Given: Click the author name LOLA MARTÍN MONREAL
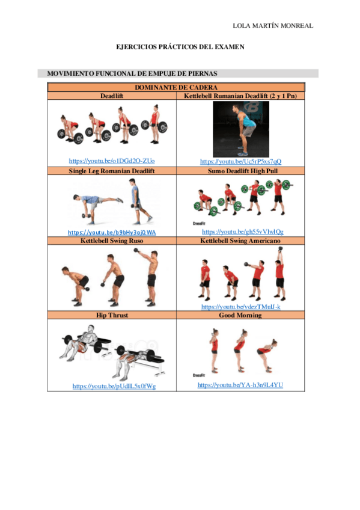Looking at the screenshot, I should tap(273, 26).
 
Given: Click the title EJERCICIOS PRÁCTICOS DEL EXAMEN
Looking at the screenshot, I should tap(180, 47).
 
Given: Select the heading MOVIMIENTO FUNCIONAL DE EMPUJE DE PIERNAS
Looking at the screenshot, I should tap(127, 73).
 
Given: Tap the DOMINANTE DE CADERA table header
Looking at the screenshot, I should tap(176, 87).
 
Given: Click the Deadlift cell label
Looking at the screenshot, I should tap(112, 95).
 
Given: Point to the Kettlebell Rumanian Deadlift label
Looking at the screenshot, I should tap(240, 95).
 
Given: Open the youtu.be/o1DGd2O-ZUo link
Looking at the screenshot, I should tap(112, 161).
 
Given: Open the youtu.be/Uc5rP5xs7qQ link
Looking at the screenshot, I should tap(240, 161).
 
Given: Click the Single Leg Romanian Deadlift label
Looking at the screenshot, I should tap(112, 171).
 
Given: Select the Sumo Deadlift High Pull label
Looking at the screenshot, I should tap(240, 171).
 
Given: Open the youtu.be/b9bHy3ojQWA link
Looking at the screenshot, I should tap(112, 232).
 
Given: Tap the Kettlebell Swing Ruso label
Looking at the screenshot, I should tap(112, 241).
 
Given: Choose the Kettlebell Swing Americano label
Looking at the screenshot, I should tap(240, 241).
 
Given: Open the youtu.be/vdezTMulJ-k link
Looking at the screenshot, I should tap(240, 307).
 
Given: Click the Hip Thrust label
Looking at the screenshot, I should tap(112, 315).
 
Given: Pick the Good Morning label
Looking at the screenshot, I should tap(240, 315).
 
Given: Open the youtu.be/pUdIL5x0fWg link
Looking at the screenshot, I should tap(114, 386).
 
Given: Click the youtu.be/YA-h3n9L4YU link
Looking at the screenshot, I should tap(240, 385).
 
